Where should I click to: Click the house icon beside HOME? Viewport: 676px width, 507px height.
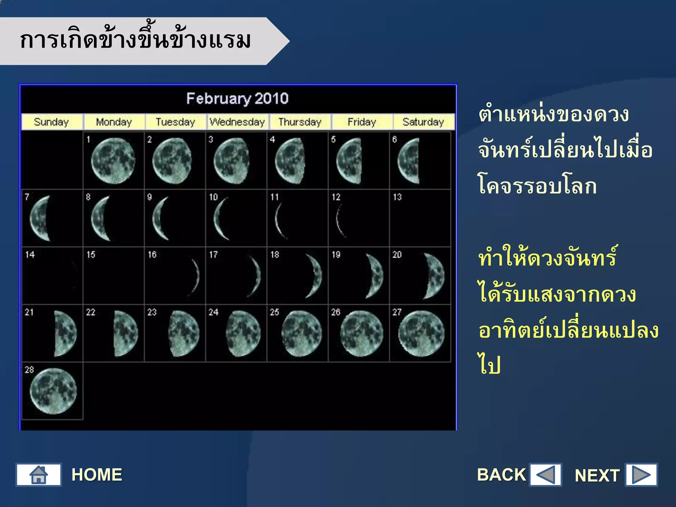(39, 475)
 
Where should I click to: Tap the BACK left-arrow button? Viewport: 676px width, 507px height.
(545, 475)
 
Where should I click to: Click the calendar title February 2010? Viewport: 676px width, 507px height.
(237, 98)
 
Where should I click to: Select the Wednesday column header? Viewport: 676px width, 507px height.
(237, 122)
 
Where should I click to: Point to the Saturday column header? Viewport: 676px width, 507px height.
(423, 122)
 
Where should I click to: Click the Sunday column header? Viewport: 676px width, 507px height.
(51, 122)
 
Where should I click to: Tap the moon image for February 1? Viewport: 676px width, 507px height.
(113, 161)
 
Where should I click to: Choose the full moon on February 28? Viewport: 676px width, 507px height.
(53, 391)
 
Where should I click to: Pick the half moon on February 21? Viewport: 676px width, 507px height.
(65, 334)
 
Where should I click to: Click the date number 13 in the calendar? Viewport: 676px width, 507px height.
(397, 197)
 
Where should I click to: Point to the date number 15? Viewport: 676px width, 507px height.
(91, 254)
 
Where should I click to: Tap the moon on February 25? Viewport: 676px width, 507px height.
(301, 334)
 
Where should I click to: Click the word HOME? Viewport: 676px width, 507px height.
(97, 475)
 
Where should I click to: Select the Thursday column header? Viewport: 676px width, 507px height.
(300, 122)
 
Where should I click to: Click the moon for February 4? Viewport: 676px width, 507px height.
(290, 161)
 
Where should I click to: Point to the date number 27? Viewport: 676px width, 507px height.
(397, 312)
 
